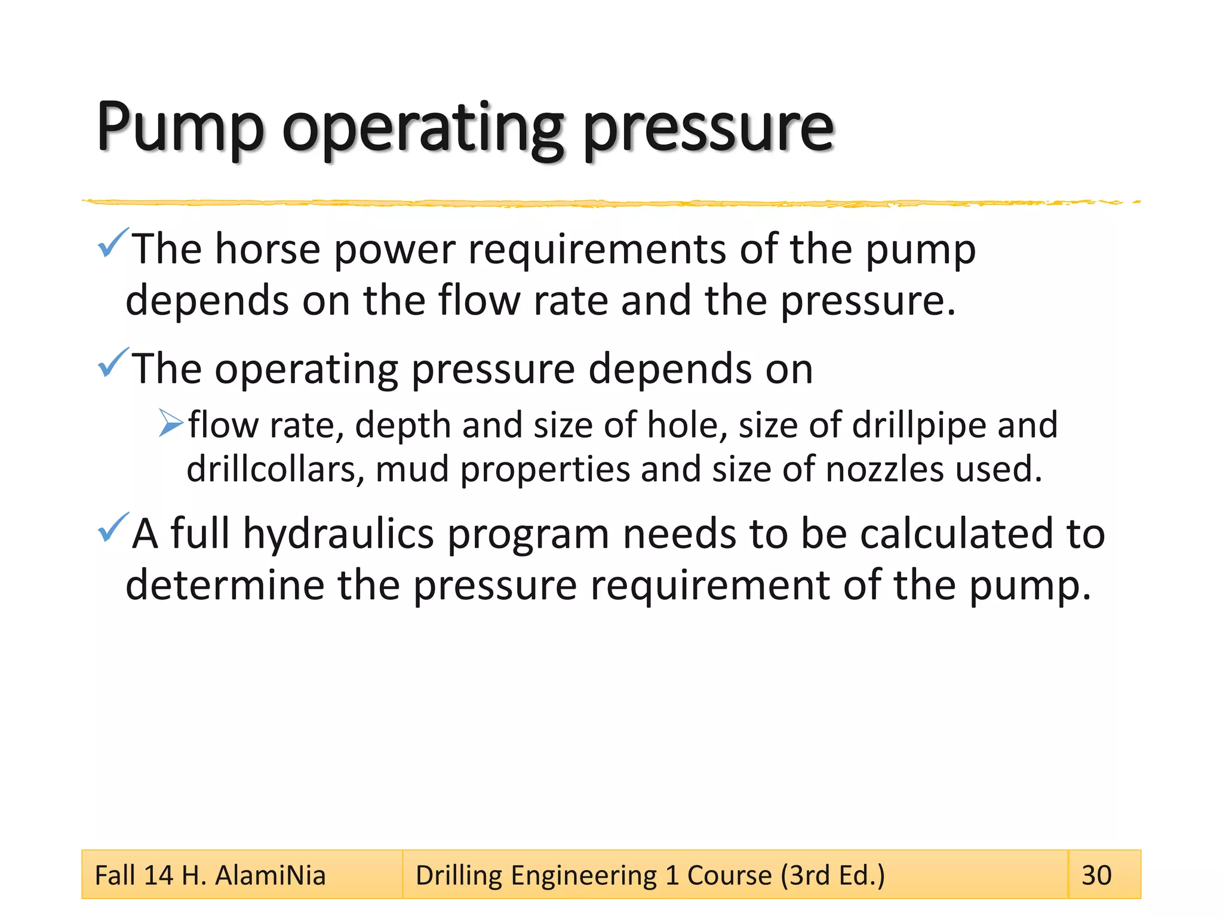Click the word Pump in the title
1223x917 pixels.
180,128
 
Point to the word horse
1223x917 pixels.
268,249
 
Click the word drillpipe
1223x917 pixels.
919,425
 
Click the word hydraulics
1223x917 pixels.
338,534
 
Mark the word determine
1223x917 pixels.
225,585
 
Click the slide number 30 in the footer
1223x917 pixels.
1096,875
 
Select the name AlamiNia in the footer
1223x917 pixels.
270,875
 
